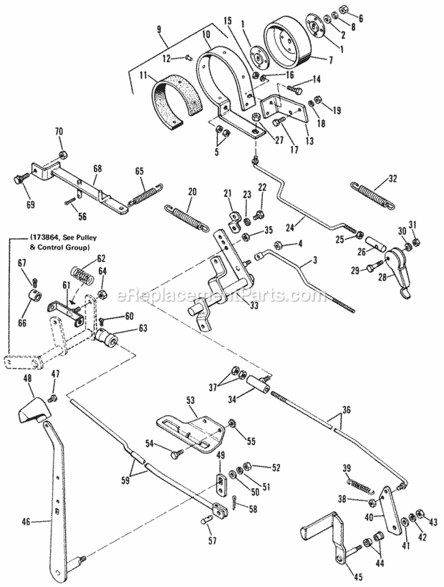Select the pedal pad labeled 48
click(34, 410)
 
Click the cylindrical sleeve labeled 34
click(259, 387)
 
